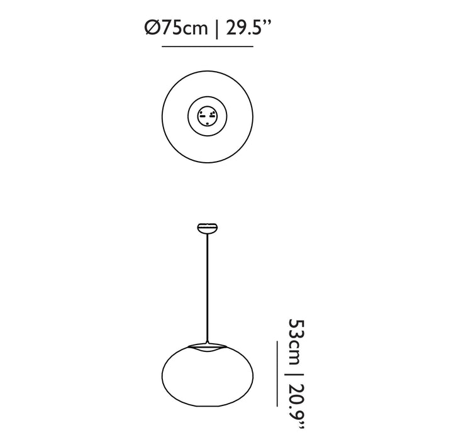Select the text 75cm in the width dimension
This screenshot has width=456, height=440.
[x=185, y=28]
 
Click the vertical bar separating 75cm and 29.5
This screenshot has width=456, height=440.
[x=216, y=30]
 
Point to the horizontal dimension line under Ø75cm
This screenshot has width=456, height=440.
[x=208, y=47]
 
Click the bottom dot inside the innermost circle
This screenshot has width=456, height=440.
[x=207, y=124]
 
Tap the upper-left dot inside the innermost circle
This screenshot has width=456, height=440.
[x=201, y=112]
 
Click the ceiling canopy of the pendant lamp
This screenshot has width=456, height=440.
[x=208, y=228]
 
